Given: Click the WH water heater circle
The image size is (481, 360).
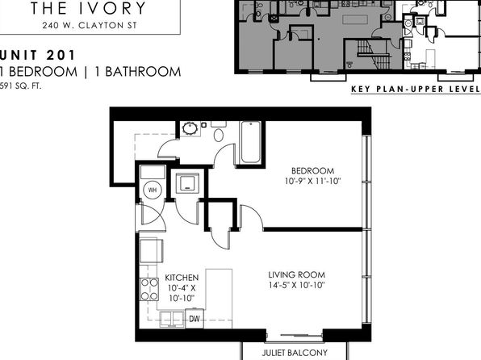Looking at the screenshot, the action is pos(153,190).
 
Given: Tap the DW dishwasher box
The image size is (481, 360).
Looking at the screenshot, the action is pos(194,319).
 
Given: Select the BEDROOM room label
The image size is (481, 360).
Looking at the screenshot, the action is pos(312,170).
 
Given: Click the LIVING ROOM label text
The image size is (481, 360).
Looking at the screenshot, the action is pos(297,274).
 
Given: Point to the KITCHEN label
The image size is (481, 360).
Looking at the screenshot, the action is pos(182,278).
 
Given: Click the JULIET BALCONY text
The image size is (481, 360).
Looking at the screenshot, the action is pos(295,353).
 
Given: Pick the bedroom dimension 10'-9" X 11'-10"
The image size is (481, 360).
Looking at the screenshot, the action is pos(313,181).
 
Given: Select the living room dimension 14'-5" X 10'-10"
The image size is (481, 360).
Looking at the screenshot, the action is pos(297,285).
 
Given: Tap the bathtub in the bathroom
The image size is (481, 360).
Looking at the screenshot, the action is pos(251,142).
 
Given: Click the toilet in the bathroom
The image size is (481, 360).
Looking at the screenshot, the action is pos(219,132).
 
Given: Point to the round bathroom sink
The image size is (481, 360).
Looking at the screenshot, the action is pos(190,128).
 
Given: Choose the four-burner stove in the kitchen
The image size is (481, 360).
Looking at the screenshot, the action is pos(149,289).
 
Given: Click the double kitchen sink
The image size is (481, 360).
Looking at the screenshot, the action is pos(172,319).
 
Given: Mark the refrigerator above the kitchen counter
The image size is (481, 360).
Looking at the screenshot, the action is pos(151,250).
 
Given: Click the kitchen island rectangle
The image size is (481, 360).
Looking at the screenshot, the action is pos(219,299).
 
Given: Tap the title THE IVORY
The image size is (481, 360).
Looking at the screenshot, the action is pos(88,8).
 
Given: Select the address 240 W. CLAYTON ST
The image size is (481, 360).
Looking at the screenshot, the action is pos(90,26).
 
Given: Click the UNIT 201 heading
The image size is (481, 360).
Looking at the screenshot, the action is pos(37,55).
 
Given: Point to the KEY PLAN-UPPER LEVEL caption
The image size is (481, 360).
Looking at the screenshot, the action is pos(416,89).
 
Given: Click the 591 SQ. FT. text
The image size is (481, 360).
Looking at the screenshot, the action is pos(20,86).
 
